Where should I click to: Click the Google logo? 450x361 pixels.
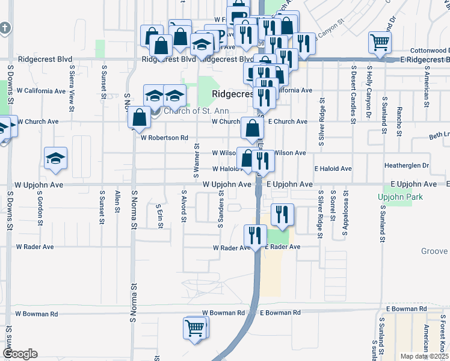point(20,354)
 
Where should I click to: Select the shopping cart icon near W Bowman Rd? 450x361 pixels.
point(195,329)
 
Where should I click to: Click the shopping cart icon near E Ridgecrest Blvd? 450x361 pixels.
point(380,42)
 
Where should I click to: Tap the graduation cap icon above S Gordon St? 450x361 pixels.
point(56,159)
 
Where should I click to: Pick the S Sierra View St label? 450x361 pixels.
point(72,84)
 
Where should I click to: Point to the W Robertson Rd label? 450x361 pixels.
point(164,138)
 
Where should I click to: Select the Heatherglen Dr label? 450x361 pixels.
point(407,165)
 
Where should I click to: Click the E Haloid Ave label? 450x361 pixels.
point(333,169)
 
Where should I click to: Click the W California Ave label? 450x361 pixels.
point(41,91)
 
